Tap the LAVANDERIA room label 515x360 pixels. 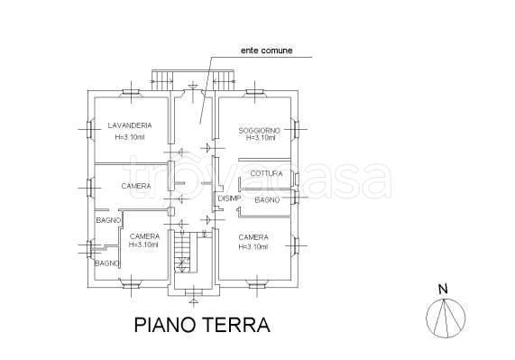[129, 125]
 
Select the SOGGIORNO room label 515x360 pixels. [259, 131]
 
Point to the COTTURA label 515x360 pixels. [266, 172]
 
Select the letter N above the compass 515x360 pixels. [442, 290]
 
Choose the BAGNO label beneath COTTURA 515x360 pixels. [265, 199]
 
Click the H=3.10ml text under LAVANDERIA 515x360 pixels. [130, 137]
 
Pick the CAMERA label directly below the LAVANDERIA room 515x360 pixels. [135, 186]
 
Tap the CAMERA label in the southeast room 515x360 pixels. [253, 237]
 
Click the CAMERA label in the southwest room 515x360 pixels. [144, 235]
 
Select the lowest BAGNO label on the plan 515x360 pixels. [108, 263]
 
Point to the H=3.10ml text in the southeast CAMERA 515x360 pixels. [253, 246]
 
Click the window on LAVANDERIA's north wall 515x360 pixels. [132, 92]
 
